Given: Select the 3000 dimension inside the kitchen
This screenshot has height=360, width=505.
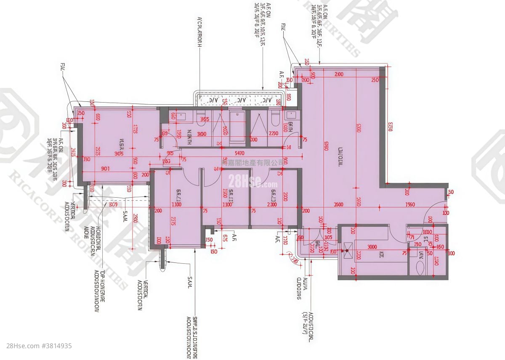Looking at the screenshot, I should pyautogui.click(x=372, y=247).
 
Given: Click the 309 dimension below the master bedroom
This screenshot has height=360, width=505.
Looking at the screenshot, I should pyautogui.click(x=113, y=205).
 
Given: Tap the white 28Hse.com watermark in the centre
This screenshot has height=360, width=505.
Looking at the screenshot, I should pyautogui.click(x=252, y=181).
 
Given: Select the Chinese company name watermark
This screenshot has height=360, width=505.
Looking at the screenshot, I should pyautogui.click(x=252, y=162).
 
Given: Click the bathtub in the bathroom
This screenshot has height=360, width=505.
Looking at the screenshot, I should pyautogui.click(x=236, y=125).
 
